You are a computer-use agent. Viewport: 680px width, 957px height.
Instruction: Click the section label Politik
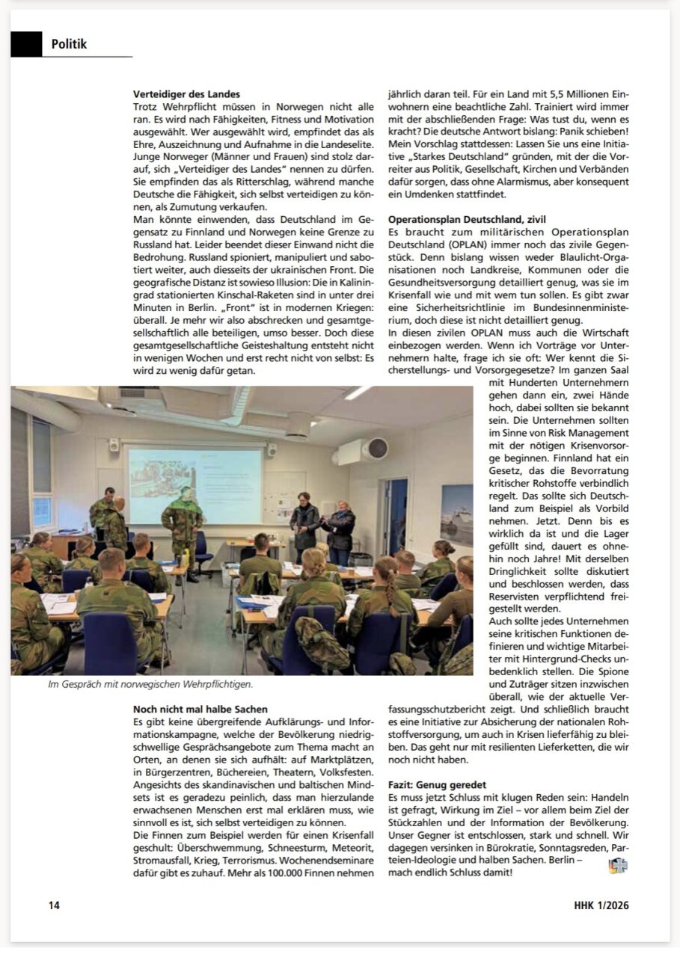click(x=69, y=44)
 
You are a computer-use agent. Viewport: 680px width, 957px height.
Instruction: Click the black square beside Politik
click(x=26, y=44)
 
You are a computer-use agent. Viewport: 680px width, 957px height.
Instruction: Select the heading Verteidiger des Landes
click(x=186, y=95)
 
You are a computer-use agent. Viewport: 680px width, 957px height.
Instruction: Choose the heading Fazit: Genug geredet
click(x=437, y=785)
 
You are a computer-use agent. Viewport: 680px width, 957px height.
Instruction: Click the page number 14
click(x=54, y=905)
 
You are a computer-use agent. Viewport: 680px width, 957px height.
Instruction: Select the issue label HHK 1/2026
click(x=596, y=905)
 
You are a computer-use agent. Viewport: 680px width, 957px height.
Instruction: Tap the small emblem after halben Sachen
click(x=618, y=866)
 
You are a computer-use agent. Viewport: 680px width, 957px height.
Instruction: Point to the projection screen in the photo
click(x=194, y=487)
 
